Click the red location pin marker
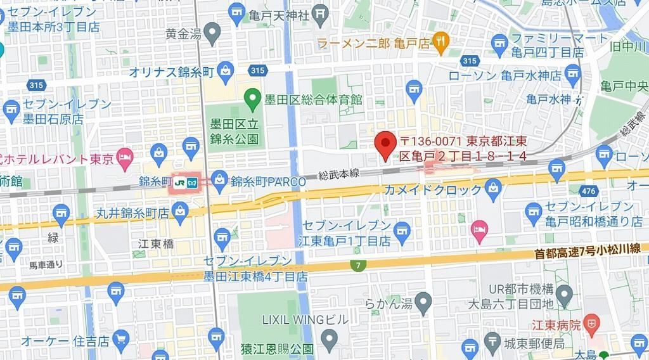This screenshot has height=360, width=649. coord(385,143)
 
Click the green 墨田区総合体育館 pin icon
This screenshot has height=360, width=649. coord(253,98)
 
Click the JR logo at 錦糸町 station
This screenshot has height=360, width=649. coord(179,182)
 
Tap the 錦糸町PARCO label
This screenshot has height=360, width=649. coord(267,181)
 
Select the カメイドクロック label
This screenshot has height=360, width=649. coord(434,188)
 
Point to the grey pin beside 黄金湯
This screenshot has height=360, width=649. coord(213,31)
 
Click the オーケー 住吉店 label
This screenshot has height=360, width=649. coord(65,340)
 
